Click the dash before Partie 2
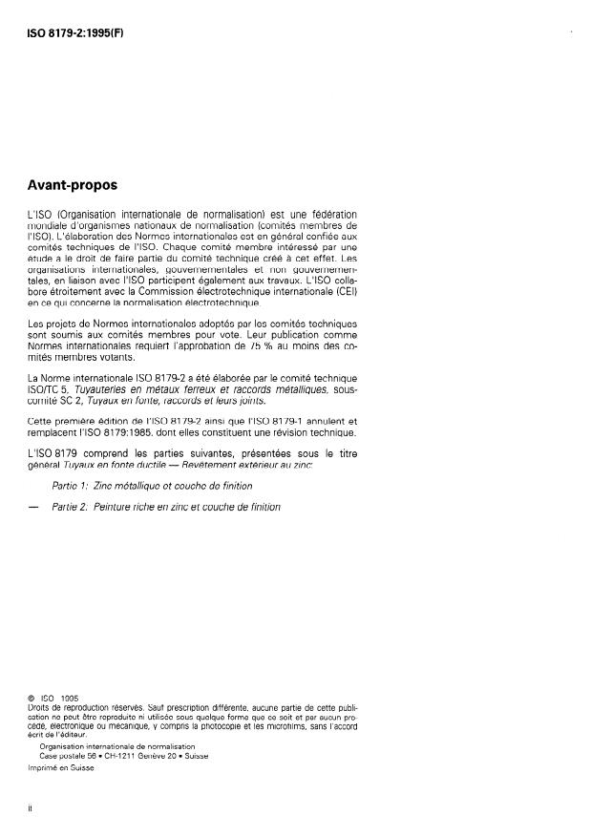(35, 507)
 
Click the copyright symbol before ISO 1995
(33, 698)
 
